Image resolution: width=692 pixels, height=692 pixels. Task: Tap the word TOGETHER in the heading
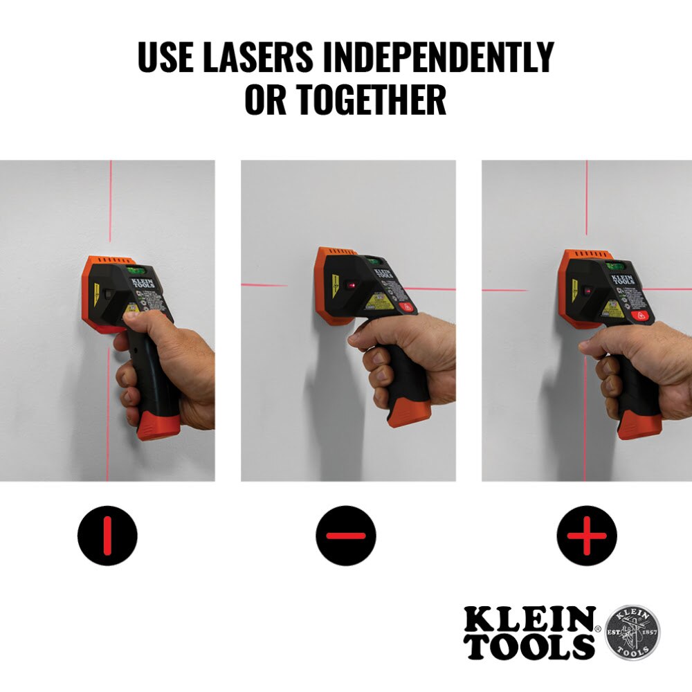(x=372, y=100)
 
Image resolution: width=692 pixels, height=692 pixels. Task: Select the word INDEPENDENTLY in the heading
(x=440, y=57)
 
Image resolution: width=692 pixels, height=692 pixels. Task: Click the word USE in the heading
(x=167, y=57)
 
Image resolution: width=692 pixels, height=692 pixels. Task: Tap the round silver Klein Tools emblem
(x=632, y=633)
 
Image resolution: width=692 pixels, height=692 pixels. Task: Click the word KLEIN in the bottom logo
(x=529, y=618)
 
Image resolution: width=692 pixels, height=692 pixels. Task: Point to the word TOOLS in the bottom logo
(x=529, y=646)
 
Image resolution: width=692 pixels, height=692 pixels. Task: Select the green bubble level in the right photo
(x=614, y=266)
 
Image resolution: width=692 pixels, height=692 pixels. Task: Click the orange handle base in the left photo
(x=158, y=424)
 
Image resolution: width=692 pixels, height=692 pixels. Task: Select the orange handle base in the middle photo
(x=409, y=413)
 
